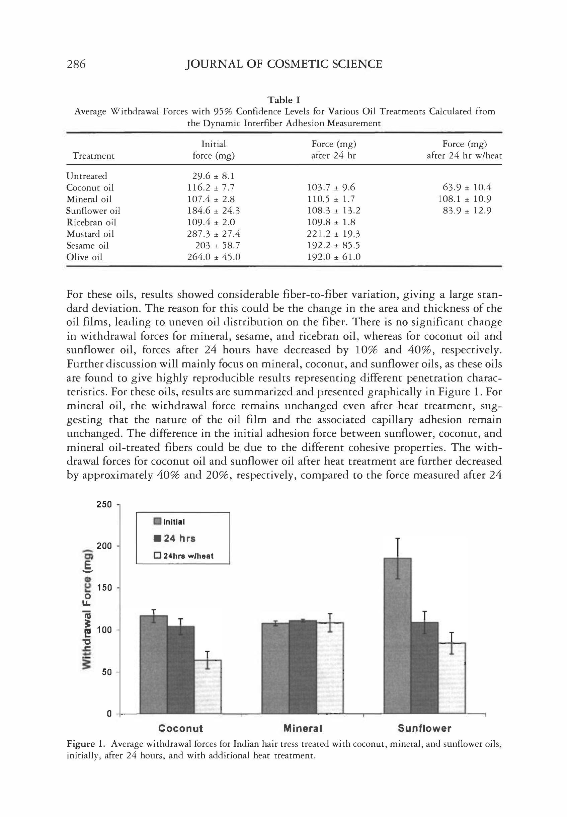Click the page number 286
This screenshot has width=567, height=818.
[x=76, y=64]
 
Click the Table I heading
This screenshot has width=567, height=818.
[x=283, y=100]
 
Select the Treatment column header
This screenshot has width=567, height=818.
[x=93, y=156]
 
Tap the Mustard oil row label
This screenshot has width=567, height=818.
[x=90, y=234]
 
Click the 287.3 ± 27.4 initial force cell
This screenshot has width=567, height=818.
[x=214, y=234]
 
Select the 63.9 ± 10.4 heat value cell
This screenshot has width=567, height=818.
[x=467, y=187]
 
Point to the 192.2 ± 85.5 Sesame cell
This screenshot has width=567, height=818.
[x=334, y=245]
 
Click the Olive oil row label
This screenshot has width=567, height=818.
[x=84, y=257]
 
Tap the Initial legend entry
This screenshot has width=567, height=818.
[x=169, y=521]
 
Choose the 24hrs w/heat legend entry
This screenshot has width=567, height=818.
[x=184, y=556]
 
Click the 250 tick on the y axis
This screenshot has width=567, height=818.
[x=104, y=504]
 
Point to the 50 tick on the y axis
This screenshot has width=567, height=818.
[x=106, y=672]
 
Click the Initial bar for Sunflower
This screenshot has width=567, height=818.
[x=397, y=636]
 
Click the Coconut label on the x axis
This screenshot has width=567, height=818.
[x=180, y=728]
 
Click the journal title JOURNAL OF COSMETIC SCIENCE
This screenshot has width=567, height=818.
[x=283, y=64]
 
